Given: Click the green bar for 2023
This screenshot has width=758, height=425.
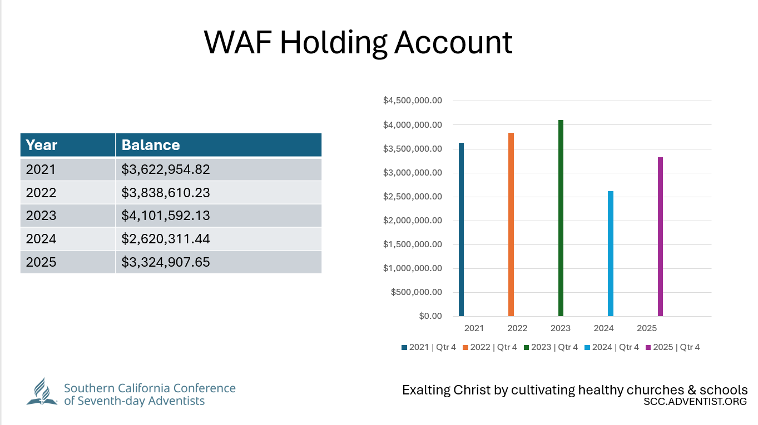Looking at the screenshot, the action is tap(561, 218).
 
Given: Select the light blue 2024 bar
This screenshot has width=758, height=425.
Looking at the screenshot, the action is tap(611, 253).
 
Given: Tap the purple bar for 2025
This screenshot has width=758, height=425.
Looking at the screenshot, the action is tap(660, 237).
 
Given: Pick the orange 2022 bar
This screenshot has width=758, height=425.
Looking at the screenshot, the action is tap(511, 224).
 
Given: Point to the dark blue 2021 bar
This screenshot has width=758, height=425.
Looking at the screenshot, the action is tap(461, 229).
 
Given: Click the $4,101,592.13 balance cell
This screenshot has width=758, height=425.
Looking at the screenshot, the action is tap(218, 216).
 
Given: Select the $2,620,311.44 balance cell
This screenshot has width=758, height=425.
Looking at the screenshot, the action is tap(218, 239).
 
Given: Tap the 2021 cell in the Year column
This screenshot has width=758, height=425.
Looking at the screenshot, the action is tap(68, 169).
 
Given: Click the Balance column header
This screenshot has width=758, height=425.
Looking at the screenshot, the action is tap(218, 145).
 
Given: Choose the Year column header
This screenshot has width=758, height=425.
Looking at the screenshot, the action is tap(68, 145).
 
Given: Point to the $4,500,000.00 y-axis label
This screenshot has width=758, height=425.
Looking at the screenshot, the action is tap(413, 101).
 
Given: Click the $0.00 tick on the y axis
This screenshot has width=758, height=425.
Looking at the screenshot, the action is tap(430, 316).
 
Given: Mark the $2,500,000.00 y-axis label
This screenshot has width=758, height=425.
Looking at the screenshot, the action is tap(413, 197).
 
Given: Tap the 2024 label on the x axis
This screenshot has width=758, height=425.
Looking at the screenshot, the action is tap(604, 328).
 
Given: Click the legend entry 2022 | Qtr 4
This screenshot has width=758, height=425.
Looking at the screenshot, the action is tap(489, 347).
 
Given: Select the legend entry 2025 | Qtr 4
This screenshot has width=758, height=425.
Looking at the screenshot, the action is tap(672, 347).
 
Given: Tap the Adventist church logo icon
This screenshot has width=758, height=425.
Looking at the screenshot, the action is tap(42, 392).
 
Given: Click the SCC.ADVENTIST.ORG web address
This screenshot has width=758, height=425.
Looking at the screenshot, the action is tap(695, 402).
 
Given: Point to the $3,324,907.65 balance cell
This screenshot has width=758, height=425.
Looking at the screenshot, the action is tap(218, 262).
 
